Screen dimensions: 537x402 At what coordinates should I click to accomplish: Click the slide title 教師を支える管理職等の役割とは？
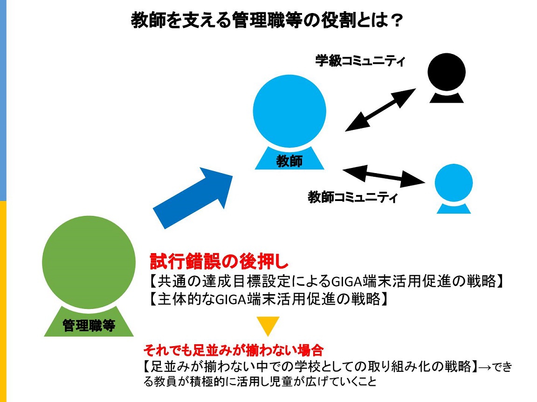coord(266,20)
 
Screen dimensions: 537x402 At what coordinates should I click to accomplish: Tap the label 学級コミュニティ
coord(360,61)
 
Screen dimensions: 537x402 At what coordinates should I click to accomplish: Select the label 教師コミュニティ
coord(352,197)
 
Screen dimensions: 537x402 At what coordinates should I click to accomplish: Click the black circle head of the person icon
coord(447,72)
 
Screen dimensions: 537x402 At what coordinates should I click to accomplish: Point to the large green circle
coord(89,262)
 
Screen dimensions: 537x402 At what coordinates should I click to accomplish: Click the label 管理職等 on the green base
coord(89,325)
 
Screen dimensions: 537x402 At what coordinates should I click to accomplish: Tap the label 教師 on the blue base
coord(289,161)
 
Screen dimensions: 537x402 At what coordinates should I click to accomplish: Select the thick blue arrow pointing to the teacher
coord(193,198)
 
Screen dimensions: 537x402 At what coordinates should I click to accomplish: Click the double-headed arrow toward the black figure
coord(380,110)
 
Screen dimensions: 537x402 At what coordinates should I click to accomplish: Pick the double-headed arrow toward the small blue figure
coord(384,176)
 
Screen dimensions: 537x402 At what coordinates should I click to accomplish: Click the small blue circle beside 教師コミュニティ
coord(454,183)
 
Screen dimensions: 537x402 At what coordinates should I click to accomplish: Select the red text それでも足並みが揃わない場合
coord(234,350)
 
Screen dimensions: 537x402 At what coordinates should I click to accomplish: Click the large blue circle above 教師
coord(289,111)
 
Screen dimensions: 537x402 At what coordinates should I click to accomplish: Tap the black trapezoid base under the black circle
coord(447,98)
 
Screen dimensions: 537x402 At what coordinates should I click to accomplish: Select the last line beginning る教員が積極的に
coord(260,382)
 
